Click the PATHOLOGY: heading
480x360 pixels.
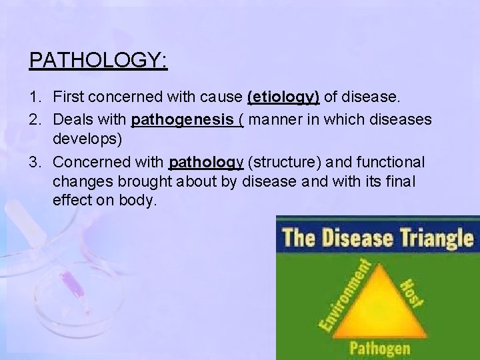[x=98, y=60]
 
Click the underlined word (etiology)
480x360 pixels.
[x=283, y=97]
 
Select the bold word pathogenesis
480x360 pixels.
[x=175, y=121]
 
